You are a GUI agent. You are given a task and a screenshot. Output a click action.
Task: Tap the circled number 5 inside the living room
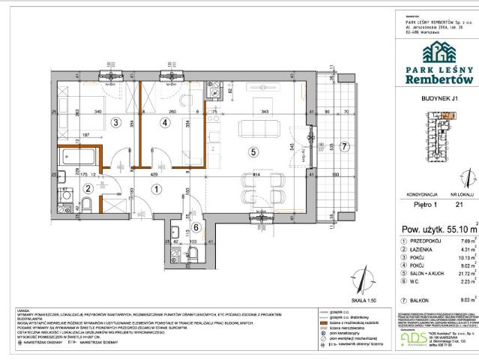point(253,152)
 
